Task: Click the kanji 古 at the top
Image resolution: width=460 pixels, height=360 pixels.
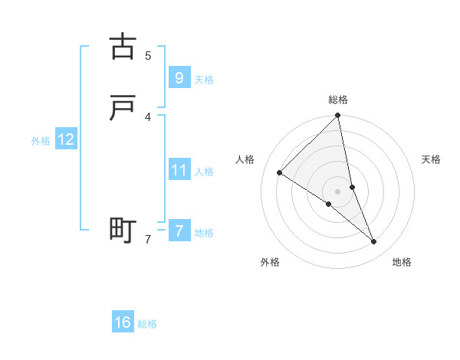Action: pos(123,47)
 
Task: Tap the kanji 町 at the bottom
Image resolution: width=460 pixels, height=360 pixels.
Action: pos(123,230)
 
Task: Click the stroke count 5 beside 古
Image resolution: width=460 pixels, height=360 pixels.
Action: pos(148,55)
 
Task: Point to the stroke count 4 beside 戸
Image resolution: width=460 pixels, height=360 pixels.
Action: pos(148,116)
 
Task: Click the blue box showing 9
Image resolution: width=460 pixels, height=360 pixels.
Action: pos(179,77)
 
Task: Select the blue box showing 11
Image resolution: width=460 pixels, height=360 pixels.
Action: pos(179,169)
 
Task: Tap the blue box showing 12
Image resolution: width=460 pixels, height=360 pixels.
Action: pos(65,139)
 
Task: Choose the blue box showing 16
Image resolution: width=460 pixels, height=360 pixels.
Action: pos(123,322)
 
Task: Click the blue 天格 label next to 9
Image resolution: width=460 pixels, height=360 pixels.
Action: pos(204,80)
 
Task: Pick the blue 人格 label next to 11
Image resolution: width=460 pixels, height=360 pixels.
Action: pos(204,172)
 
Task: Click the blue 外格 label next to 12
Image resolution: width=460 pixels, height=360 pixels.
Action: pos(41,141)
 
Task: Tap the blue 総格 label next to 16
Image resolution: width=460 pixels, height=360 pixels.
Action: pos(147,325)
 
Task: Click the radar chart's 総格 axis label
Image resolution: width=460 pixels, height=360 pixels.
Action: pos(338,100)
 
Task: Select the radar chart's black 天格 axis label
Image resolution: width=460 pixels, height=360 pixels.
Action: pos(432,159)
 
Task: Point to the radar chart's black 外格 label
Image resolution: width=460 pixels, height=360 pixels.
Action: pos(270,262)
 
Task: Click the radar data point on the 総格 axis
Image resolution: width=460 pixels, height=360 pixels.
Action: pos(338,116)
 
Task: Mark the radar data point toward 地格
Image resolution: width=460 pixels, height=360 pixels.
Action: pos(374,242)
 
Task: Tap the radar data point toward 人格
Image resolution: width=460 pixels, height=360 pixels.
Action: pos(280,173)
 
